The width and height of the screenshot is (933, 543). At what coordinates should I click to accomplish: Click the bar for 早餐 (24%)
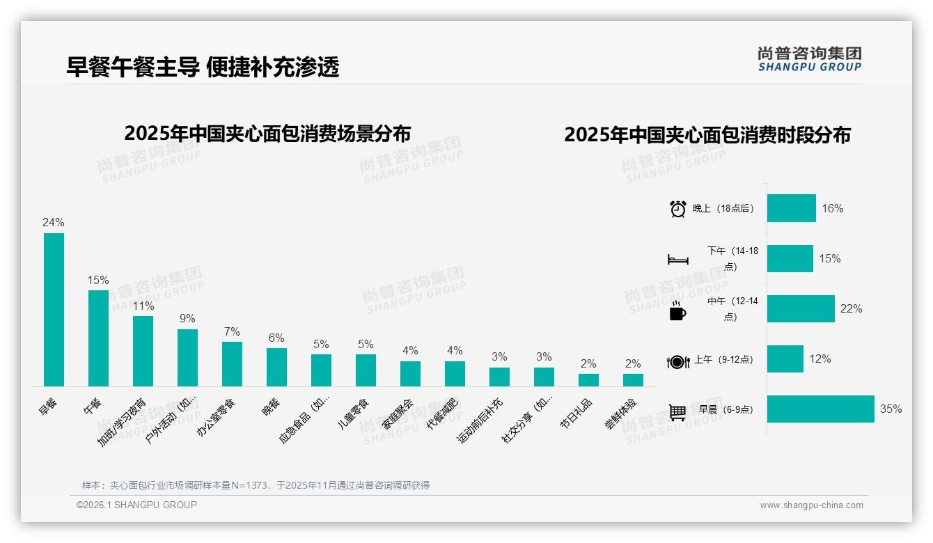coord(54,309)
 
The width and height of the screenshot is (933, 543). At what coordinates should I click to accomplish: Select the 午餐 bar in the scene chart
coord(98,338)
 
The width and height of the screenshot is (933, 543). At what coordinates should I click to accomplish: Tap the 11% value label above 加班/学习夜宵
coord(143,306)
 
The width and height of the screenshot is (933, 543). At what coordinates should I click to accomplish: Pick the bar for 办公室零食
coord(232,363)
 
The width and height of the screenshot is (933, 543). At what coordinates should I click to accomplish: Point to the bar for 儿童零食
coord(366,370)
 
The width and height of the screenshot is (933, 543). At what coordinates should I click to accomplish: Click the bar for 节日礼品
coord(588,379)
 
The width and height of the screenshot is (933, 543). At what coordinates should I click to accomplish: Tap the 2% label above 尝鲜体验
coord(633,363)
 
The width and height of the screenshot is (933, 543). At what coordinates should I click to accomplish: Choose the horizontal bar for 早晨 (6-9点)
coord(820,409)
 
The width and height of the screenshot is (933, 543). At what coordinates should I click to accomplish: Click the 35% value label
coord(891,409)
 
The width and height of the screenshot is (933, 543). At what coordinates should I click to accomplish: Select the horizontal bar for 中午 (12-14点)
coord(801,308)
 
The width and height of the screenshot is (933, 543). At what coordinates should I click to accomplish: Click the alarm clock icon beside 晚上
coord(677,209)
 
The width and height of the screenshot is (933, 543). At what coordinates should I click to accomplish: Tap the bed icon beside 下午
coord(677,260)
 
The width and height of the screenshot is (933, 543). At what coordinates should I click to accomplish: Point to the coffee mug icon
coord(677,311)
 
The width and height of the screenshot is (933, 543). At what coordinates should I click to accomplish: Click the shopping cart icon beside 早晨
coord(677,411)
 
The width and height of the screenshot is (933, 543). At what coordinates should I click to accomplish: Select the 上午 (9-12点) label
coord(723,360)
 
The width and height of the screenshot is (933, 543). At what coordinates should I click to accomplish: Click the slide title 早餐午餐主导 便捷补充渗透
coord(203,67)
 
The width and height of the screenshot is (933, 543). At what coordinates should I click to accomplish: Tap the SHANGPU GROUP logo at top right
coord(809,59)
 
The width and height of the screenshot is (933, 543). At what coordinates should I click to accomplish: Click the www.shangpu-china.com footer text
coord(811,505)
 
